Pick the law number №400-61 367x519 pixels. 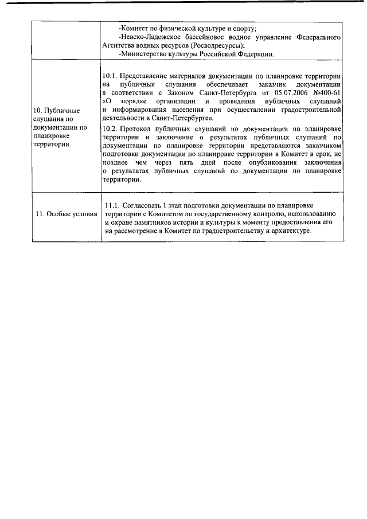(x=327, y=92)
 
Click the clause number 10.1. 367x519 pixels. (x=109, y=76)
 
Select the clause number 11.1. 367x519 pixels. (x=114, y=205)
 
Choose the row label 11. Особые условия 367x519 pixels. (x=66, y=214)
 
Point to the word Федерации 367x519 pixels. (x=256, y=54)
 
